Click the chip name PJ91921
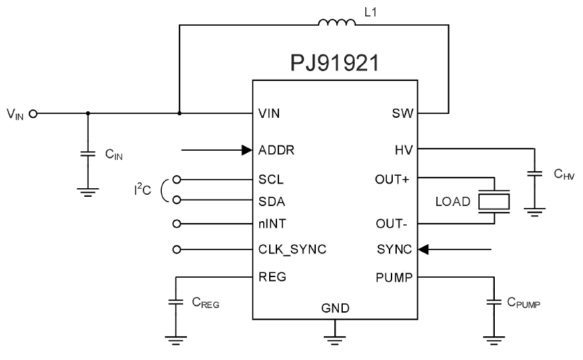(x=335, y=64)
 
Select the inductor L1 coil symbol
(x=336, y=24)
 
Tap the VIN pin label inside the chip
(x=270, y=113)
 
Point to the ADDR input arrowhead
(x=246, y=150)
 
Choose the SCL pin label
(x=270, y=178)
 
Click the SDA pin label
(x=271, y=201)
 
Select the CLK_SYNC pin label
(x=293, y=249)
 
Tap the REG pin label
(x=272, y=277)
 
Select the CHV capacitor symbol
(x=536, y=174)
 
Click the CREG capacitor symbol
(x=176, y=302)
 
